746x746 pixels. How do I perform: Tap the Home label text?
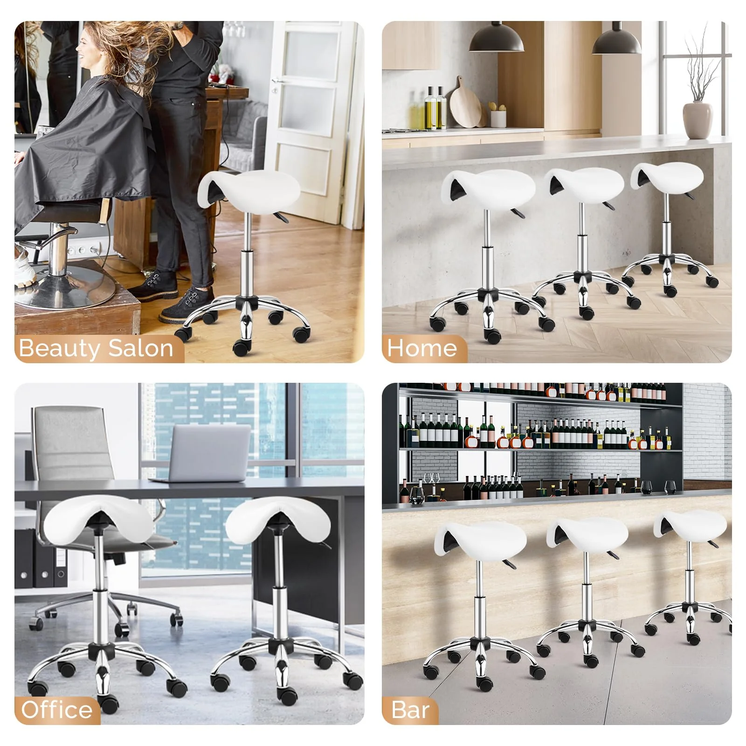pos(422,348)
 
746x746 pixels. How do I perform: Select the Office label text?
pos(56,710)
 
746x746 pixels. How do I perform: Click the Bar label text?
pos(410,710)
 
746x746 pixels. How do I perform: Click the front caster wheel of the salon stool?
pos(242,347)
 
